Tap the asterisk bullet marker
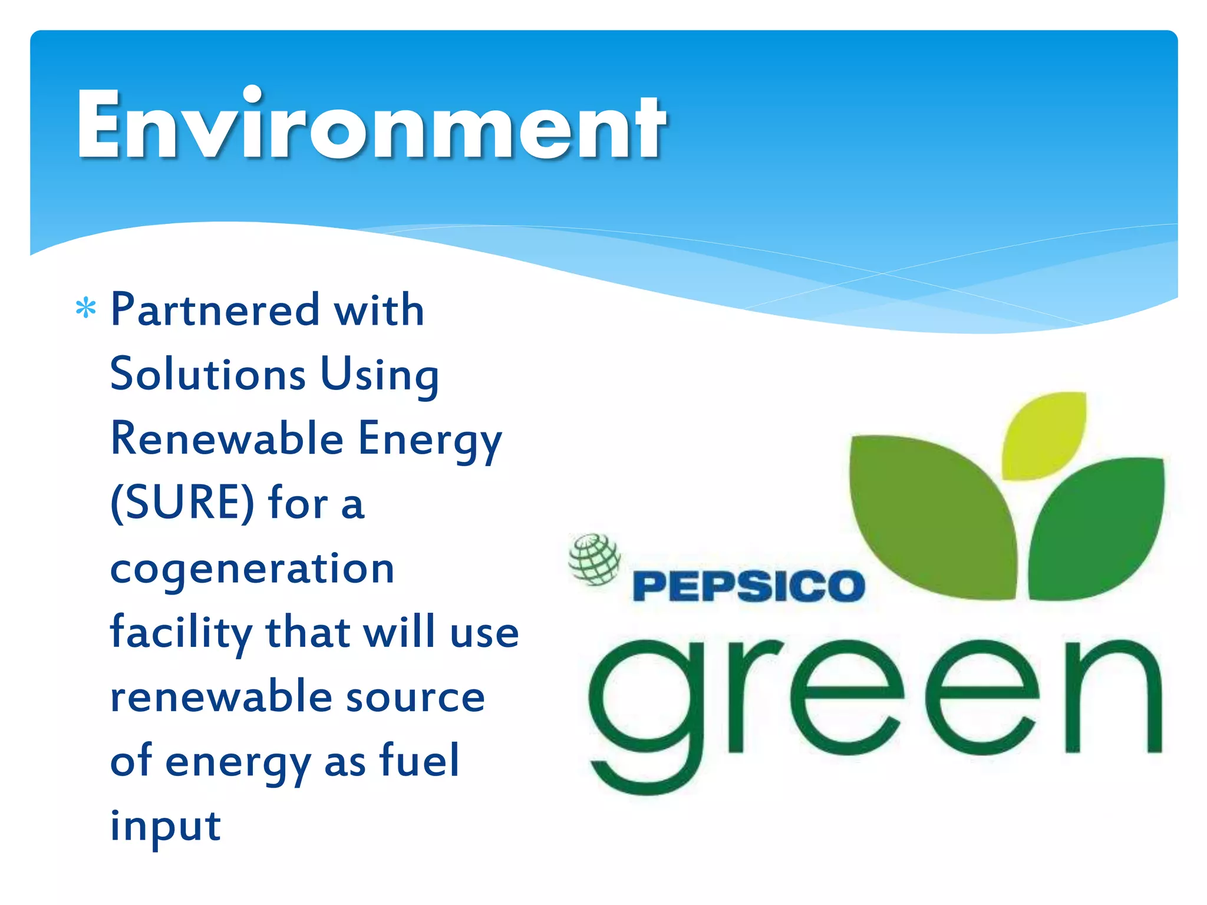pyautogui.click(x=86, y=309)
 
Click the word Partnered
pyautogui.click(x=215, y=310)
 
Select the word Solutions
pyautogui.click(x=208, y=374)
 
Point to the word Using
pyautogui.click(x=380, y=376)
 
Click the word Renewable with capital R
pyautogui.click(x=227, y=439)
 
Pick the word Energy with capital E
pyautogui.click(x=430, y=441)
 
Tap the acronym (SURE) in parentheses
pyautogui.click(x=183, y=503)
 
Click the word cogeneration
pyautogui.click(x=252, y=569)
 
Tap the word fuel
pyautogui.click(x=420, y=760)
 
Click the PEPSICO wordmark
pyautogui.click(x=748, y=586)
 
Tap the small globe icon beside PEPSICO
pyautogui.click(x=594, y=559)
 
